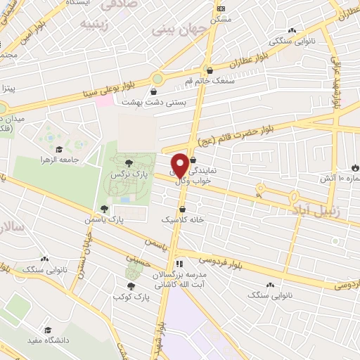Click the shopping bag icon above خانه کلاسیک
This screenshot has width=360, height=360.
tap(183, 209)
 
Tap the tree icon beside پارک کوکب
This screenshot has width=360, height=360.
tap(131, 286)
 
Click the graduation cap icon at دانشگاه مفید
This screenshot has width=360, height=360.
tap(48, 330)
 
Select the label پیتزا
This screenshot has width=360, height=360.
tap(8, 89)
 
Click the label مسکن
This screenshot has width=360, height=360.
tap(222, 19)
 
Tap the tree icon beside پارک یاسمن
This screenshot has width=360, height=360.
tap(104, 208)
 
